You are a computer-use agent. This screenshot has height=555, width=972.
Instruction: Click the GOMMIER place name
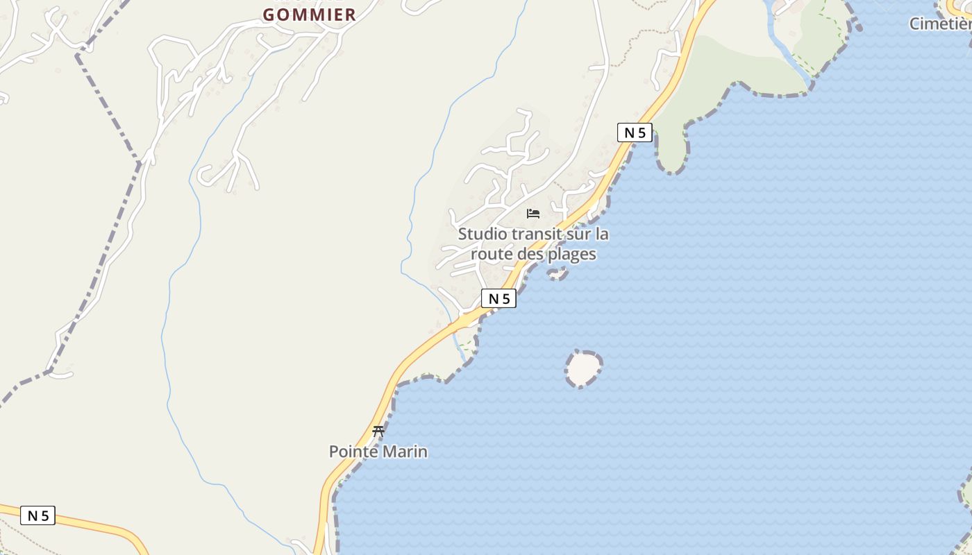[x=309, y=15]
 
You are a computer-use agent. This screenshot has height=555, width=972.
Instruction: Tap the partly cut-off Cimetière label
[x=940, y=24]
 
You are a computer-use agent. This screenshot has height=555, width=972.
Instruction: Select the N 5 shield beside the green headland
[x=635, y=133]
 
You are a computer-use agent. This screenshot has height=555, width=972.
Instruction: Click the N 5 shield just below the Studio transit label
[x=498, y=298]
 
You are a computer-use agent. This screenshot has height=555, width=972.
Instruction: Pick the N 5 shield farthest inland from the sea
[x=37, y=515]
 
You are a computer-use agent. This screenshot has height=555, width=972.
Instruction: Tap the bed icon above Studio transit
[x=533, y=214]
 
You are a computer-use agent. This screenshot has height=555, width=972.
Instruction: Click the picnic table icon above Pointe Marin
[x=378, y=431]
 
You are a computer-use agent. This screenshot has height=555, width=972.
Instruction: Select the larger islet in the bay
[x=583, y=368]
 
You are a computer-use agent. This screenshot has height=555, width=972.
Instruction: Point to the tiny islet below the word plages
[x=557, y=275]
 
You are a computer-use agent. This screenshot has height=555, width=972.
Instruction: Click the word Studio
[x=483, y=234]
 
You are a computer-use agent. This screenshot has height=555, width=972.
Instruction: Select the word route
[x=492, y=254]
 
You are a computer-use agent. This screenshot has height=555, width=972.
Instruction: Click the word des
[x=530, y=254]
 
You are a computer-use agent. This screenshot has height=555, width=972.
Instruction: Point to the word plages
[x=571, y=255]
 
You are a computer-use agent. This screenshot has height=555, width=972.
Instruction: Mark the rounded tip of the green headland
[x=671, y=164]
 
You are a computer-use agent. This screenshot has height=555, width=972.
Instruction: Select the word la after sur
[x=601, y=234]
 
